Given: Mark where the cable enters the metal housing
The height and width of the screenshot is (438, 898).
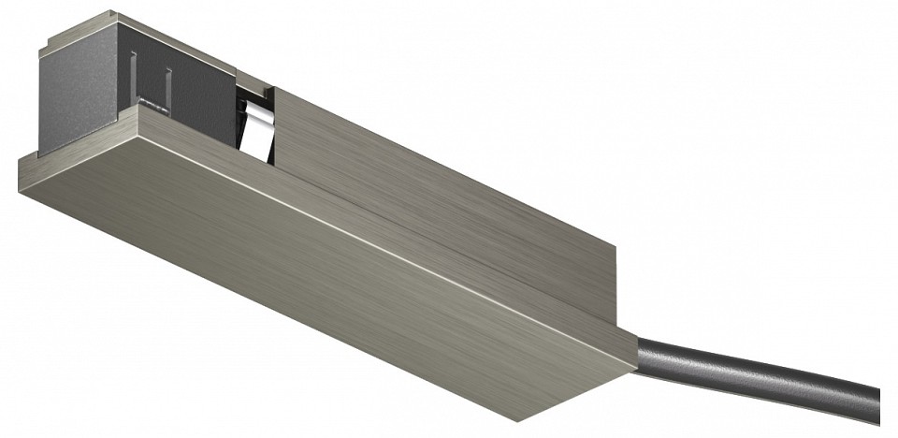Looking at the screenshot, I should [640, 352].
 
